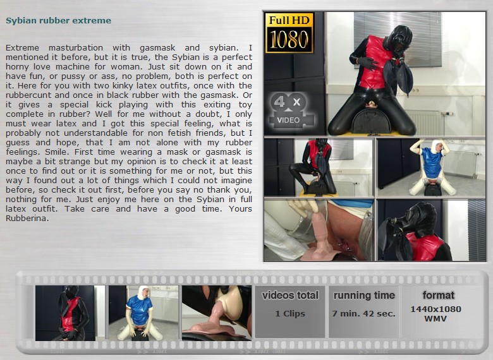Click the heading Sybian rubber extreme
[59, 21]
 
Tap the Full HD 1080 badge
[289, 33]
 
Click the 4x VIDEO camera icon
[291, 111]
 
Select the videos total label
[290, 296]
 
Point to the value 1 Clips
[290, 313]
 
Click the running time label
[364, 296]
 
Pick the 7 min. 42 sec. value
[364, 313]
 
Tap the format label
[438, 296]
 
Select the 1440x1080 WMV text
[435, 314]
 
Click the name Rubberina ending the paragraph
[27, 219]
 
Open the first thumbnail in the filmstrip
[65, 313]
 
